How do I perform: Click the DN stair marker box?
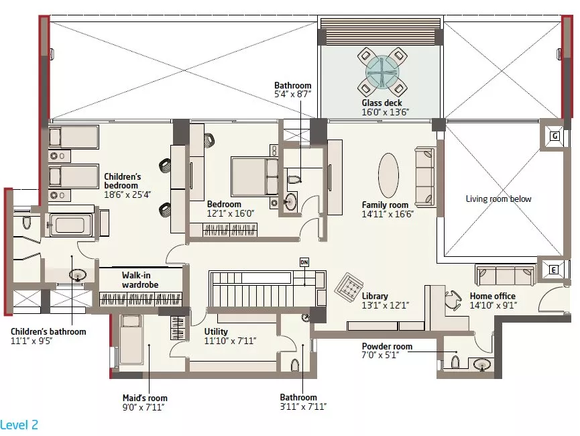click(304, 262)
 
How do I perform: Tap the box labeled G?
click(555, 136)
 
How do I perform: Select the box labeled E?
click(553, 270)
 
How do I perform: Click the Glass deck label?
click(382, 103)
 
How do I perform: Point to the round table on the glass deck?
click(382, 72)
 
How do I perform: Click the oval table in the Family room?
click(388, 176)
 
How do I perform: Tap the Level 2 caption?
click(19, 425)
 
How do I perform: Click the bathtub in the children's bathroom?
click(70, 224)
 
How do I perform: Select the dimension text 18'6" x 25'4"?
click(127, 195)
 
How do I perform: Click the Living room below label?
click(498, 199)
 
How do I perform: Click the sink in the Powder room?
click(482, 365)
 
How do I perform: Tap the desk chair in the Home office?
click(453, 300)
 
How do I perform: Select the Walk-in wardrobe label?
click(140, 280)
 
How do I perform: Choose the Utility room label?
click(216, 331)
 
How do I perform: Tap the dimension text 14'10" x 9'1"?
click(494, 305)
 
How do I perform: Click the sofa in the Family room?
click(424, 176)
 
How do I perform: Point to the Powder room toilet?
click(455, 362)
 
